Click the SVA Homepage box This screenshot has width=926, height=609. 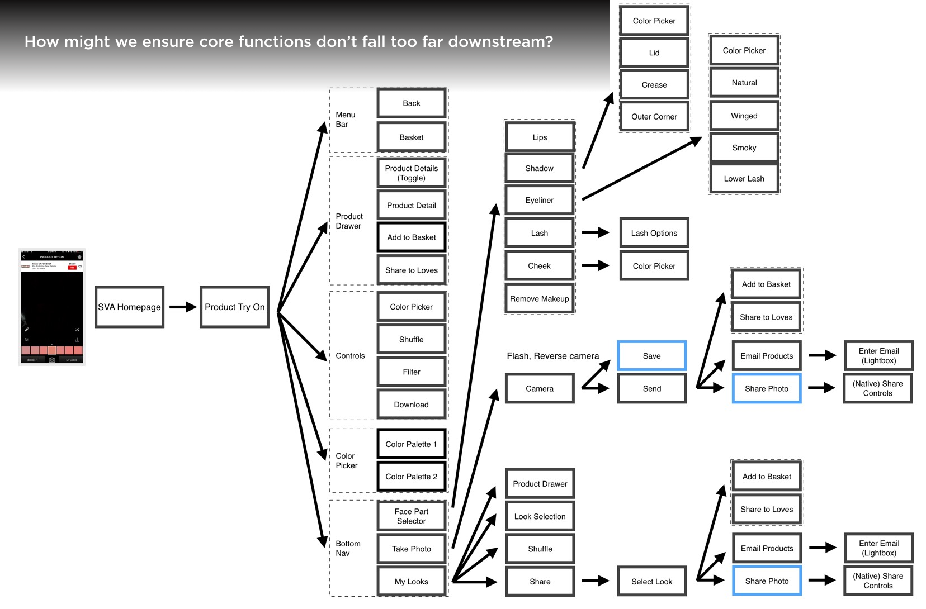129,307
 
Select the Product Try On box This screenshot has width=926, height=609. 234,307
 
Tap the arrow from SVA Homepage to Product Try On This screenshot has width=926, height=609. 182,307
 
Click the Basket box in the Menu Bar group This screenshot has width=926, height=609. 412,137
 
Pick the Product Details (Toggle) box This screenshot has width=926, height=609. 412,173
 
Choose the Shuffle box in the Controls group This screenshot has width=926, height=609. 412,339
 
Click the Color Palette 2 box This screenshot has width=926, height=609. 412,477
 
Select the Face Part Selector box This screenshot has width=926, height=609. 412,516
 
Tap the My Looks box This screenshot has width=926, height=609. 412,582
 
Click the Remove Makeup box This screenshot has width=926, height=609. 540,299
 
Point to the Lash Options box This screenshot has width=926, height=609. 654,233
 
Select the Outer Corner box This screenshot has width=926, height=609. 654,117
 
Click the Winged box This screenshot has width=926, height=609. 744,116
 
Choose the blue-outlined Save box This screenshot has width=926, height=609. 652,356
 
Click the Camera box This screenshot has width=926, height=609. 540,388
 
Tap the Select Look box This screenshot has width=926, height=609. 652,582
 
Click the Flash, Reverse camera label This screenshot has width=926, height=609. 552,356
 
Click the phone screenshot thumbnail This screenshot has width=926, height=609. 52,307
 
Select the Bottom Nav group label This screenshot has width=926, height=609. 348,548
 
